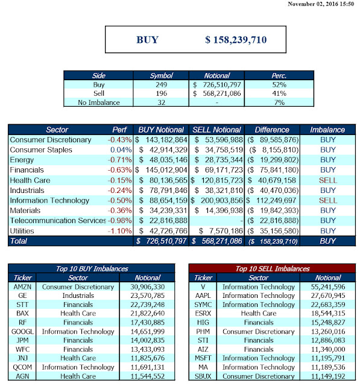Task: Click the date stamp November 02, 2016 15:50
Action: (321, 4)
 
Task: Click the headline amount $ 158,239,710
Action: (236, 40)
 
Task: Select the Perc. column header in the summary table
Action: (279, 75)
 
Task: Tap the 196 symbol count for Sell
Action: (161, 93)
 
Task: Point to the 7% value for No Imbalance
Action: (279, 103)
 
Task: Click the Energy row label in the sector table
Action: (22, 160)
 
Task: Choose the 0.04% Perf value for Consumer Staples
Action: (121, 150)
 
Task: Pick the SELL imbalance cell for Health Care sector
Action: (328, 180)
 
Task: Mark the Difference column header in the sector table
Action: (272, 130)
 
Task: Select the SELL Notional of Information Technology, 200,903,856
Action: (217, 201)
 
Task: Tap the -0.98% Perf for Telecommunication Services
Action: (120, 221)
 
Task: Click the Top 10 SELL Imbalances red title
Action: (273, 268)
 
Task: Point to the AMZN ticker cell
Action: (22, 287)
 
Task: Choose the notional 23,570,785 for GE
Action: (147, 296)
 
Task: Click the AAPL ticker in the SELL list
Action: (203, 296)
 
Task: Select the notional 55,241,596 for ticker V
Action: (328, 287)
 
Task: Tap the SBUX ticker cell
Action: (203, 376)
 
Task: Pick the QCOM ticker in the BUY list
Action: (22, 367)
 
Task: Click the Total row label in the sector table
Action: (19, 241)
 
